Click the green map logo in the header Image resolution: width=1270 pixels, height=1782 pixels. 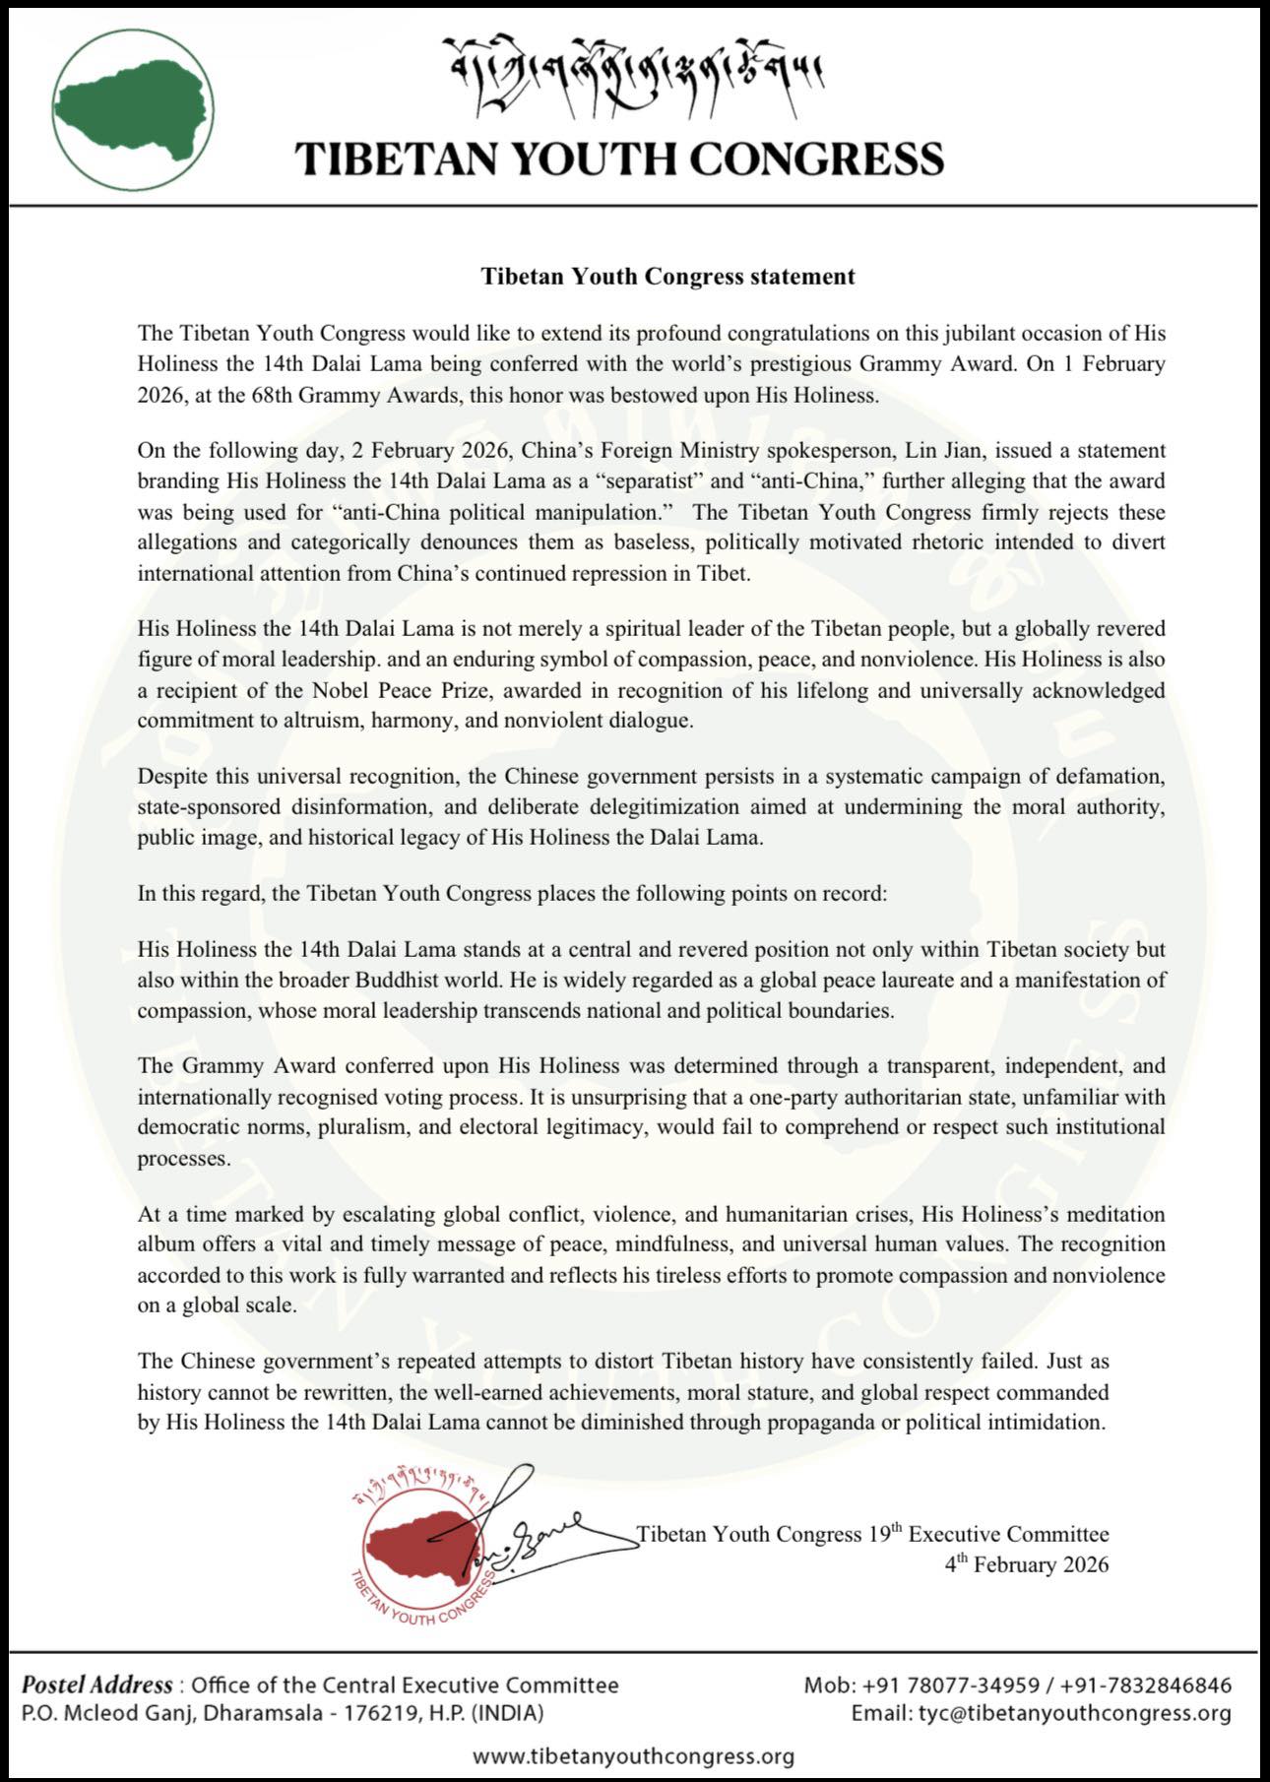click(133, 109)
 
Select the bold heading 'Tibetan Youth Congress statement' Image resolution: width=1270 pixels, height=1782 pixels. click(667, 277)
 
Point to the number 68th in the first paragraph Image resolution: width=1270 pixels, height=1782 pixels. click(332, 395)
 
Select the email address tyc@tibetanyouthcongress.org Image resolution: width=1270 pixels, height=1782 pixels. click(1074, 1713)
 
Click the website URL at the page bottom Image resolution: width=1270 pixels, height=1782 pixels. click(633, 1755)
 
